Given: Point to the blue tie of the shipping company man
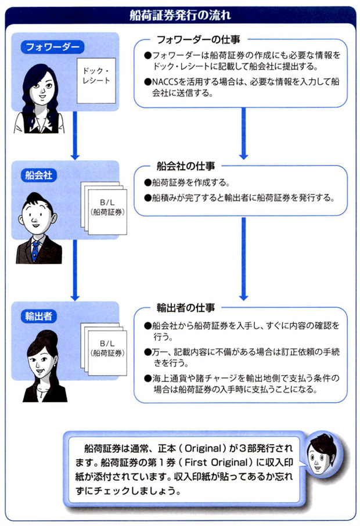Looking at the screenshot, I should pyautogui.click(x=36, y=250).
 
